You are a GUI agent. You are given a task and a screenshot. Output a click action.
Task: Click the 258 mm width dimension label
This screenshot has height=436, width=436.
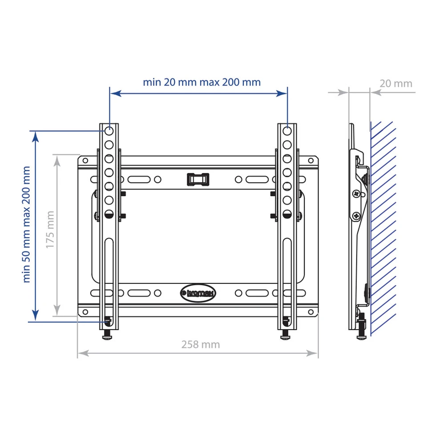pyautogui.click(x=201, y=344)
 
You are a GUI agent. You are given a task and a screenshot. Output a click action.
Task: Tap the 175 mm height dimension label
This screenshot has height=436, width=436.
pyautogui.click(x=50, y=230)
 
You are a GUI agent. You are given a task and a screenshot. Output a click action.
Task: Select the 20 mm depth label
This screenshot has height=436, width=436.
pyautogui.click(x=396, y=84)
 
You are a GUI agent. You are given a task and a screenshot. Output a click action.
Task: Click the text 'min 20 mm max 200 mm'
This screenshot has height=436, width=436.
pyautogui.click(x=202, y=82)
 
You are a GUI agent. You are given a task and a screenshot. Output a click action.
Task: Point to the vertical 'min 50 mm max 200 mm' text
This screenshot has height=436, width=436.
pyautogui.click(x=26, y=224)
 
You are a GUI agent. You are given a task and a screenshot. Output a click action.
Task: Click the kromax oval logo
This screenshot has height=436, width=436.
pyautogui.click(x=198, y=293)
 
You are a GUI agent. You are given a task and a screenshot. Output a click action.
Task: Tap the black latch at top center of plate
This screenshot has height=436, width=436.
pyautogui.click(x=198, y=179)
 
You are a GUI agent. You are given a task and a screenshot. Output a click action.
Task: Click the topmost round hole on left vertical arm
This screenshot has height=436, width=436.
pyautogui.click(x=109, y=131)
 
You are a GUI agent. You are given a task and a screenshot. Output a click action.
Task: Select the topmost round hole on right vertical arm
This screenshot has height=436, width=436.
pyautogui.click(x=287, y=131)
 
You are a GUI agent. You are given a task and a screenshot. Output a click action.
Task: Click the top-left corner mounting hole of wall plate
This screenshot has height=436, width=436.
pyautogui.click(x=85, y=161)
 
